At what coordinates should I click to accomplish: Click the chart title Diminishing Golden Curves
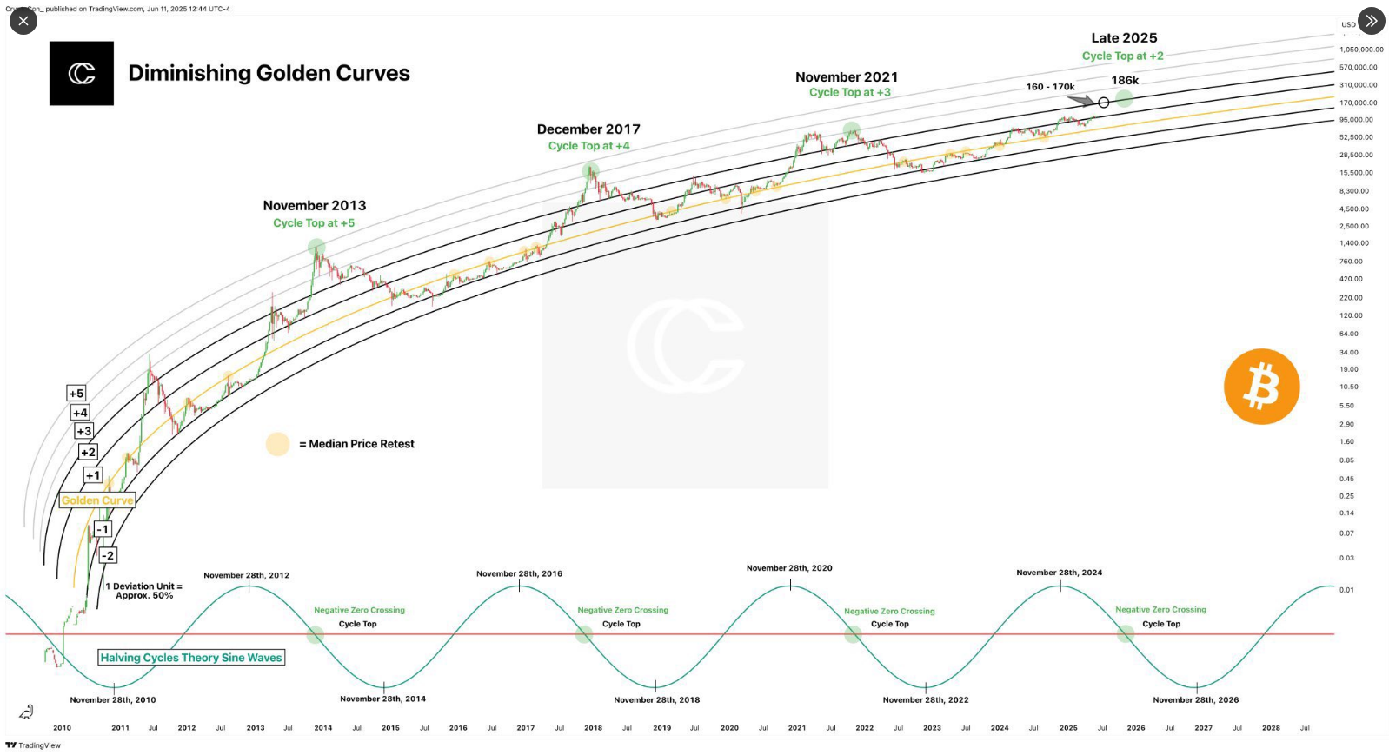pos(269,73)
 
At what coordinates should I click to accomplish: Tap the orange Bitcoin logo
pos(1261,387)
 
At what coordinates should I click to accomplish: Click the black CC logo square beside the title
pos(82,74)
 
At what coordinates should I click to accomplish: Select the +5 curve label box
pos(76,394)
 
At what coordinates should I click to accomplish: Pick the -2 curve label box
pos(108,555)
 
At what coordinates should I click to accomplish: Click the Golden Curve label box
pos(97,500)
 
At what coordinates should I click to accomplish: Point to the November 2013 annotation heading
pos(315,206)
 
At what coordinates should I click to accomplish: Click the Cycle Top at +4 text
pos(588,146)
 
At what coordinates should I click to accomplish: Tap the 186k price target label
pos(1125,81)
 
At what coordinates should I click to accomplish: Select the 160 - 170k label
pos(1050,87)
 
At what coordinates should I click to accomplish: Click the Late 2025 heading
pos(1124,38)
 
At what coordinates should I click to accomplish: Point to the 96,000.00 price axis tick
pos(1356,120)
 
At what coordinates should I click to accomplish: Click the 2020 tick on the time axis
pos(729,728)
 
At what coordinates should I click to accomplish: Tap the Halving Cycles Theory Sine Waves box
pos(191,658)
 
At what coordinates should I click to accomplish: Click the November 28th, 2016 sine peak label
pos(519,573)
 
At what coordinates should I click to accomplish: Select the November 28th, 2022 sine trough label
pos(926,699)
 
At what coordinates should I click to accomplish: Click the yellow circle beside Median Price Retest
pos(277,444)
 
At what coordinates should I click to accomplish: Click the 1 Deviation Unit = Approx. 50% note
pos(144,591)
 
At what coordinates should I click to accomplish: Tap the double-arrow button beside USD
pos(1371,21)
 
